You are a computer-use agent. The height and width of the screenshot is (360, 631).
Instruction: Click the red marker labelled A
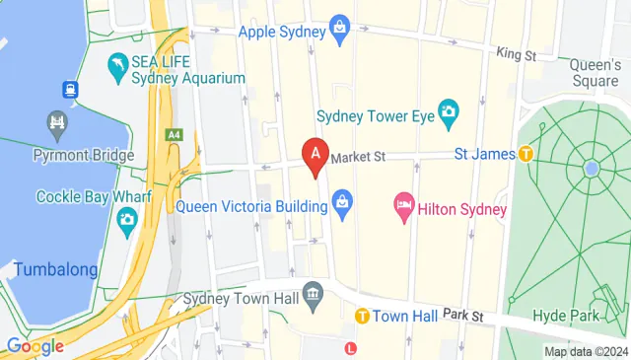pos(315,155)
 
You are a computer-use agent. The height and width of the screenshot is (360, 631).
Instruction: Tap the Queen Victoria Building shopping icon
pos(341,206)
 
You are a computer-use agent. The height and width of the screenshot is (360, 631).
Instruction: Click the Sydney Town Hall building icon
pos(314,294)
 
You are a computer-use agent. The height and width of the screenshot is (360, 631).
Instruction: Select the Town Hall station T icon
pos(362,317)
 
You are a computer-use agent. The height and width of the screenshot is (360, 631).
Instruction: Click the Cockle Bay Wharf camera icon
pos(127,225)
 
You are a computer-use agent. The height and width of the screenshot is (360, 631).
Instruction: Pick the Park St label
pos(462,315)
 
